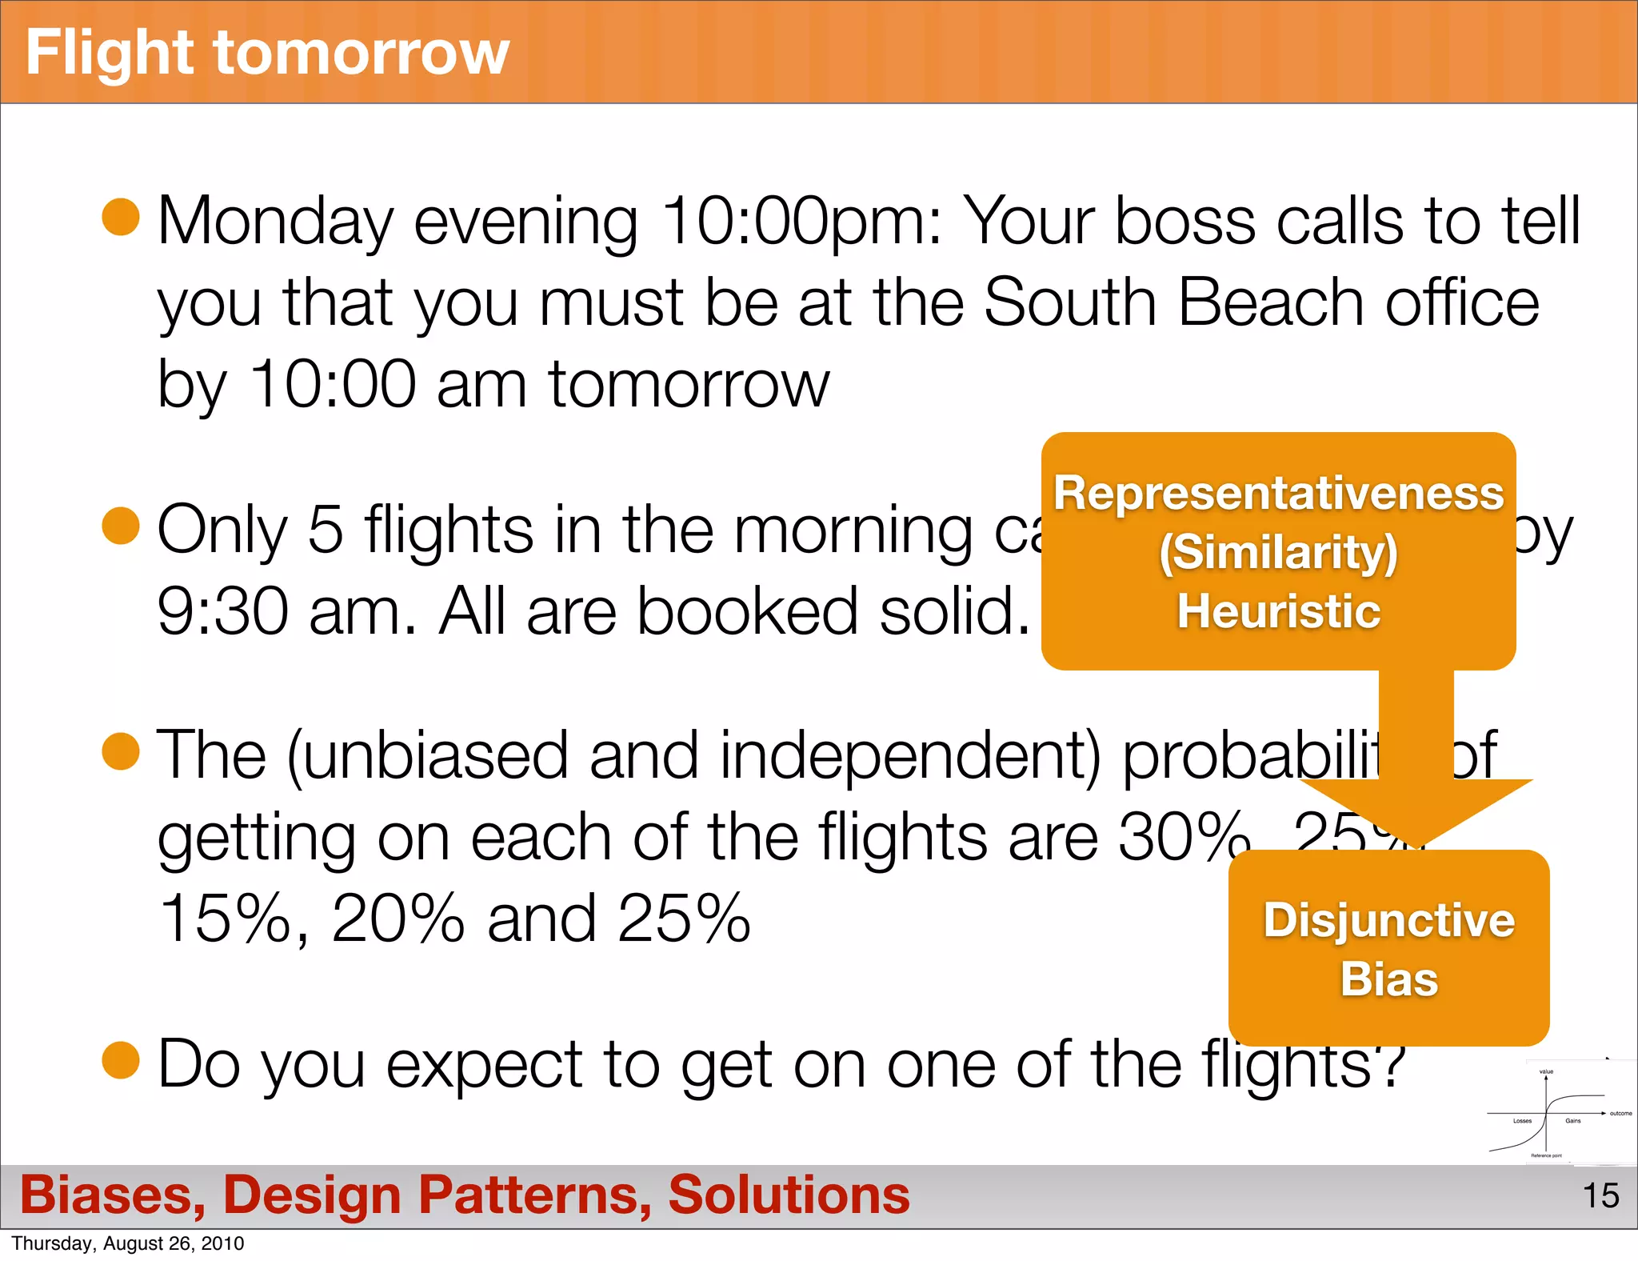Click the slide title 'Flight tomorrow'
pyautogui.click(x=267, y=53)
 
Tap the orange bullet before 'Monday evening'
pyautogui.click(x=122, y=218)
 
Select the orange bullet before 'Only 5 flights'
pyautogui.click(x=122, y=526)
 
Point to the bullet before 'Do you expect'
pyautogui.click(x=122, y=1060)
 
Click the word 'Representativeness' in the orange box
pyautogui.click(x=1278, y=493)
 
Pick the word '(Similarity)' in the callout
pyautogui.click(x=1278, y=552)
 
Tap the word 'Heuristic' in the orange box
pyautogui.click(x=1278, y=611)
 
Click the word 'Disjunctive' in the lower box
pyautogui.click(x=1388, y=920)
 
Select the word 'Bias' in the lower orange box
pyautogui.click(x=1388, y=979)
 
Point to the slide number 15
pyautogui.click(x=1600, y=1195)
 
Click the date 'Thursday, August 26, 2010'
pyautogui.click(x=128, y=1243)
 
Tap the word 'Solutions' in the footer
pyautogui.click(x=789, y=1195)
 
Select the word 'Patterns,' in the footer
pyautogui.click(x=535, y=1195)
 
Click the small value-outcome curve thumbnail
pyautogui.click(x=1556, y=1112)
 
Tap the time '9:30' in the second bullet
pyautogui.click(x=222, y=611)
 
